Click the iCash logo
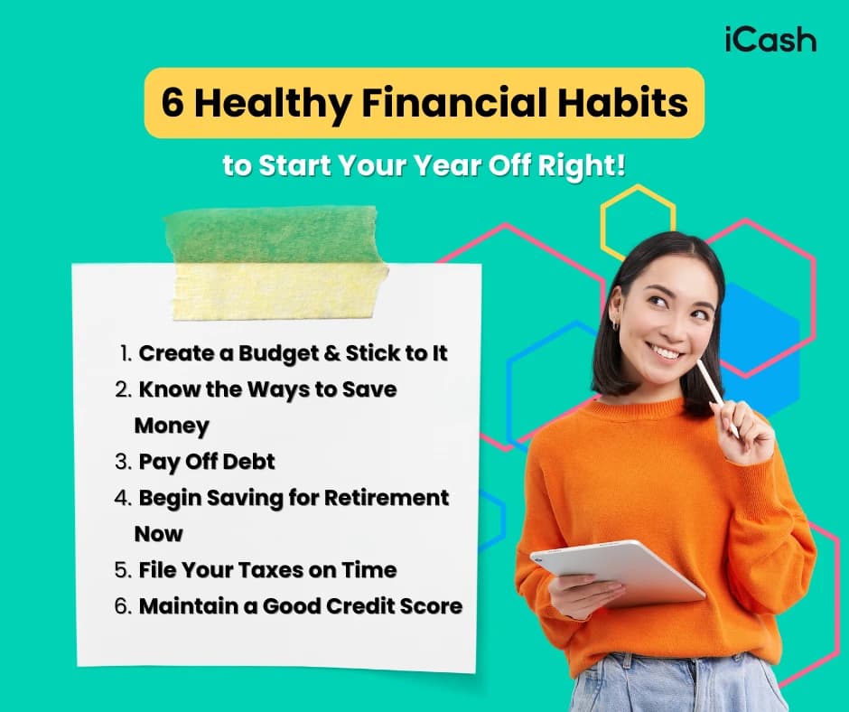[x=770, y=41]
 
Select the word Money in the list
[x=172, y=425]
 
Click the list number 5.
[x=123, y=570]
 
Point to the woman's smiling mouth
[x=667, y=351]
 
